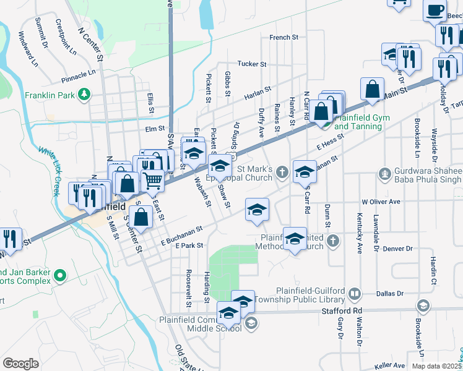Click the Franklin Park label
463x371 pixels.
click(x=50, y=95)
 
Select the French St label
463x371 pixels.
click(x=283, y=38)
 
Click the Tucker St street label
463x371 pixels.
click(x=252, y=64)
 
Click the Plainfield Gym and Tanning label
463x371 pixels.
click(x=358, y=122)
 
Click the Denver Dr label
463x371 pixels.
click(x=397, y=249)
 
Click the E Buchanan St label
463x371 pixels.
click(x=182, y=233)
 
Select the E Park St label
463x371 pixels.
click(x=189, y=245)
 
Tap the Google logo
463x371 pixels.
click(x=20, y=364)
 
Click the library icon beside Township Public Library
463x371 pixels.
click(x=355, y=294)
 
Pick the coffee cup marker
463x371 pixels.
click(x=435, y=10)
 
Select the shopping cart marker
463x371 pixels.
click(x=152, y=180)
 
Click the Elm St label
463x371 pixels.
click(x=152, y=129)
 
